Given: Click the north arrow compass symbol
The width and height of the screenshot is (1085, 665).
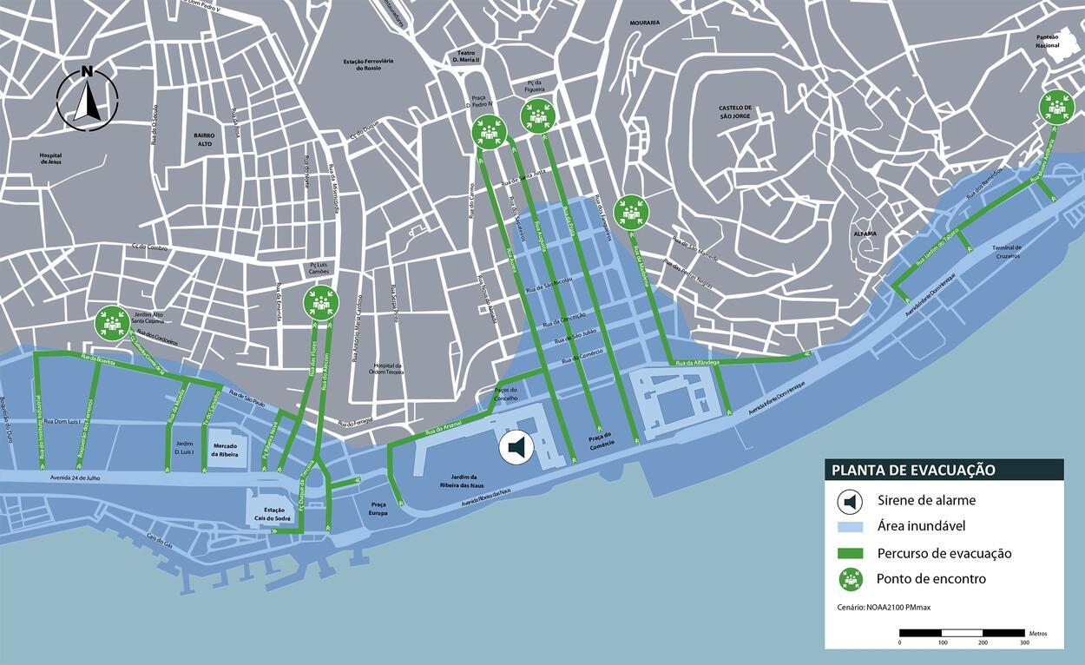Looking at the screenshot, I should [87, 100].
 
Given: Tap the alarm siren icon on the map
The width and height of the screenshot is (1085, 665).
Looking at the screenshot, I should [516, 448].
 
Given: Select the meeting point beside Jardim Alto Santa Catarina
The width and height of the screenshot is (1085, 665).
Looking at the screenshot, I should [112, 323].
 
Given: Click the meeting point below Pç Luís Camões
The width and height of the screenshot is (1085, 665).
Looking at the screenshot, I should [321, 302].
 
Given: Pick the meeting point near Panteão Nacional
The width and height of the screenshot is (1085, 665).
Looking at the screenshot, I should [1056, 108].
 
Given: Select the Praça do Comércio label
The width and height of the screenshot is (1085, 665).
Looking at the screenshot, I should [601, 439].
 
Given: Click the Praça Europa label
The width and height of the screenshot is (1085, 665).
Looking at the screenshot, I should [378, 509].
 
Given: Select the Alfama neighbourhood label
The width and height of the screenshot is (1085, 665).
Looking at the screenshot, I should [865, 234].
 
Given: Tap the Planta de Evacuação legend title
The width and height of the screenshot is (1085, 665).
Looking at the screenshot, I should [913, 471].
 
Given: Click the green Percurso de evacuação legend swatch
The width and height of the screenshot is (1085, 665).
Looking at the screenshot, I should [851, 553].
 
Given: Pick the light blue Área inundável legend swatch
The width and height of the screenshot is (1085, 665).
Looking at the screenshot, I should [851, 527].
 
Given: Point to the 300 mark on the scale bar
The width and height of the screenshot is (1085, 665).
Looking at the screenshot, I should [1024, 642].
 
